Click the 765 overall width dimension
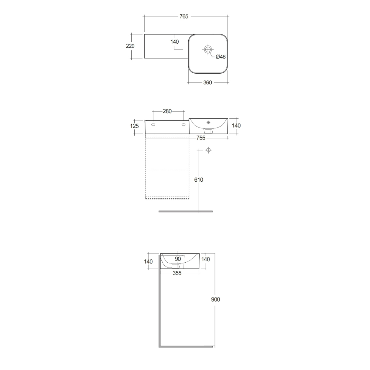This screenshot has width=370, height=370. tap(184, 16)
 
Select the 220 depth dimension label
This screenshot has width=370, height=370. tap(130, 46)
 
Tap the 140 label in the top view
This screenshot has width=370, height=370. tap(175, 42)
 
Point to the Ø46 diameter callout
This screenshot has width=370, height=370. tap(221, 57)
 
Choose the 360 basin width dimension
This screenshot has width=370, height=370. tap(208, 83)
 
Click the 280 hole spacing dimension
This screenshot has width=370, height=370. tap(167, 111)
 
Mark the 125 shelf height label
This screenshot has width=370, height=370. tap(135, 126)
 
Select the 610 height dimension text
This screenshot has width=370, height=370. tap(199, 180)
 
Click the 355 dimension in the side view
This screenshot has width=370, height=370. tap(177, 273)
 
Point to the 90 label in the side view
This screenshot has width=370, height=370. tap(178, 259)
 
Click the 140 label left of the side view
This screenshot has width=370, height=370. tap(148, 262)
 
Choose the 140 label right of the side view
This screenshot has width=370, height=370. tap(205, 259)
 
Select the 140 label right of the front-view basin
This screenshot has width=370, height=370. tap(236, 126)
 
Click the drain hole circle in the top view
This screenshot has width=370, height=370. tap(208, 49)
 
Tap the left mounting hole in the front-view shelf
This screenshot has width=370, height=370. tap(153, 125)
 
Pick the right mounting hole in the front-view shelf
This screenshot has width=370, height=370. tap(182, 125)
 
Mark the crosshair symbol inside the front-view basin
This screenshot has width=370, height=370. tap(208, 122)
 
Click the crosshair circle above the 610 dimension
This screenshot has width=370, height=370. tap(208, 150)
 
